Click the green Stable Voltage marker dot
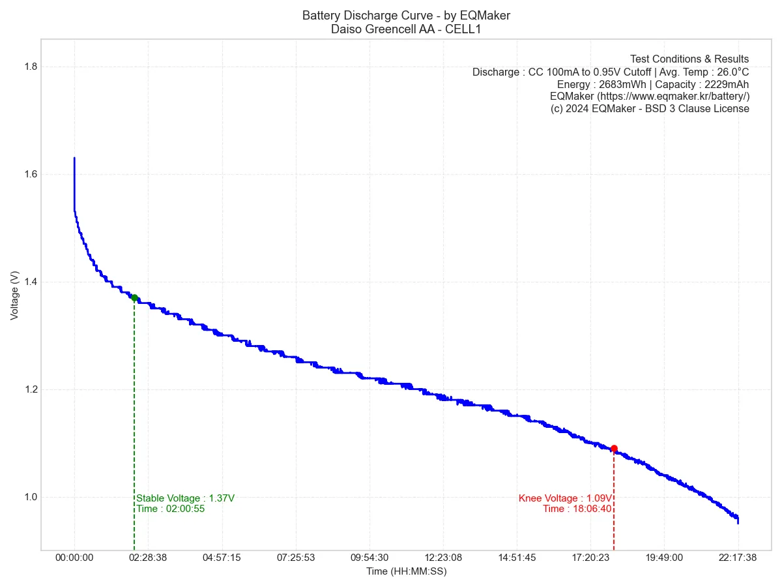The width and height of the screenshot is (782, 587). coord(134,298)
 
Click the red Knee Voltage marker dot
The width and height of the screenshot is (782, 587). coord(614,449)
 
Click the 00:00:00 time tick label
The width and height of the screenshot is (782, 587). coord(74,558)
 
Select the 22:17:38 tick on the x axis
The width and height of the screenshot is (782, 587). coord(738,558)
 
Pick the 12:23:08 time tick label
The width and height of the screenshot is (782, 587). coord(443,558)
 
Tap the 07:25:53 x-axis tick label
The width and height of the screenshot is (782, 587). coord(296,558)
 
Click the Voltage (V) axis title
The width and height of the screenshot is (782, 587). coord(14,295)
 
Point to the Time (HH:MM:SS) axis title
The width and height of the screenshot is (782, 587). coord(406,571)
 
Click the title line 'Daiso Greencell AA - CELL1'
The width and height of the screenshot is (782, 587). coord(406,29)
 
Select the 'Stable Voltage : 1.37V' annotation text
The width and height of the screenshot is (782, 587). coord(185,498)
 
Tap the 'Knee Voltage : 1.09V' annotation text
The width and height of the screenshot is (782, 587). coord(565,498)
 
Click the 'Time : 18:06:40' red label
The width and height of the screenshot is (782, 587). coord(577,509)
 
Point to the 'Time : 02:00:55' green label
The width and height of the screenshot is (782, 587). coord(170,509)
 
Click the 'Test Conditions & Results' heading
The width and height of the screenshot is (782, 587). coord(689,59)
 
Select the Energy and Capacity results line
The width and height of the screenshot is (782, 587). coord(653,84)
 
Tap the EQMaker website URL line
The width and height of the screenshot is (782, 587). coord(650,97)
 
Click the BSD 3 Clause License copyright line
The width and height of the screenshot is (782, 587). coord(650,109)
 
